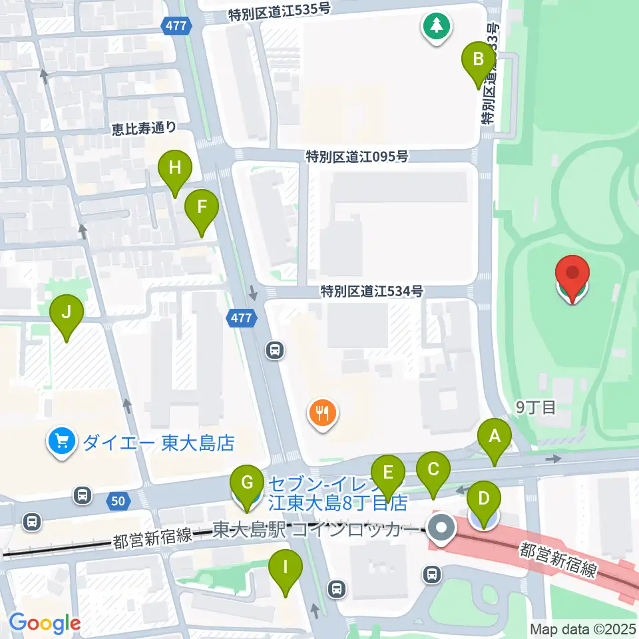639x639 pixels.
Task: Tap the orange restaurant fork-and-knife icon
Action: pos(323,415)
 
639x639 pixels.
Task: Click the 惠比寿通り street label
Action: pos(144,128)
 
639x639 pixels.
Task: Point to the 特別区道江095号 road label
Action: pos(357,157)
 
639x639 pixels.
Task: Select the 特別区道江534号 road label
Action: pos(371,291)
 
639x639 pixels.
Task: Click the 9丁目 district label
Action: pos(536,407)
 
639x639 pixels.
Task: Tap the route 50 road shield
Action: pos(117,500)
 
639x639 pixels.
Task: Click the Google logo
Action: pos(45,623)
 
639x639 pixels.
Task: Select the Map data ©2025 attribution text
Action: pos(583,628)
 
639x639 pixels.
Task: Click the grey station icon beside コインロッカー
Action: pos(441,529)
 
